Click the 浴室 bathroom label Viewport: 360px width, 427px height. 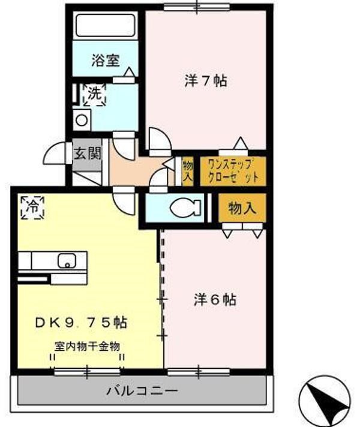click(x=106, y=61)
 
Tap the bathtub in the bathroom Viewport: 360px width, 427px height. click(x=106, y=25)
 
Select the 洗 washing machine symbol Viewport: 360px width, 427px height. click(x=95, y=95)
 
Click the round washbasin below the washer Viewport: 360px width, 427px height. click(x=82, y=120)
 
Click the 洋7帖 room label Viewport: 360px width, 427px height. click(x=206, y=80)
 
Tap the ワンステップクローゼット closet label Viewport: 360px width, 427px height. click(x=233, y=172)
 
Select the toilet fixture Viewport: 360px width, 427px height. click(x=185, y=208)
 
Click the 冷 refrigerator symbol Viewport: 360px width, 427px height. click(x=32, y=208)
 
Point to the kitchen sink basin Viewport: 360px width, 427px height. click(x=67, y=261)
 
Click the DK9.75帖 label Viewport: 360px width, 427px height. click(x=81, y=323)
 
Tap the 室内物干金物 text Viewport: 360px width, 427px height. click(x=87, y=347)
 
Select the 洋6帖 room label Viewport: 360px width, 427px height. click(x=215, y=300)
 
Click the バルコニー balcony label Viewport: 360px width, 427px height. click(x=142, y=391)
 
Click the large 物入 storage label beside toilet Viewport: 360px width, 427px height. click(x=242, y=208)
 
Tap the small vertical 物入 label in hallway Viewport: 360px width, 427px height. click(x=188, y=172)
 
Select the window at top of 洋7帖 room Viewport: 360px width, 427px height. click(x=197, y=7)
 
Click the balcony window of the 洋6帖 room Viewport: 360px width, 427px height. click(x=199, y=372)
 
